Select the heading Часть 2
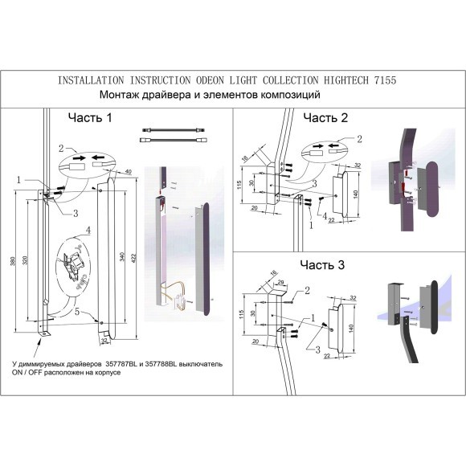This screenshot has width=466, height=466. (x=325, y=118)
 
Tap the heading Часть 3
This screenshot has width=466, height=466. (x=321, y=264)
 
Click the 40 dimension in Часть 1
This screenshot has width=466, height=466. (x=128, y=172)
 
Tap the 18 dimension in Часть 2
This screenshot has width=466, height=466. (x=246, y=159)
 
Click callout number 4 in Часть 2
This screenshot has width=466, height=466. (x=325, y=215)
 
